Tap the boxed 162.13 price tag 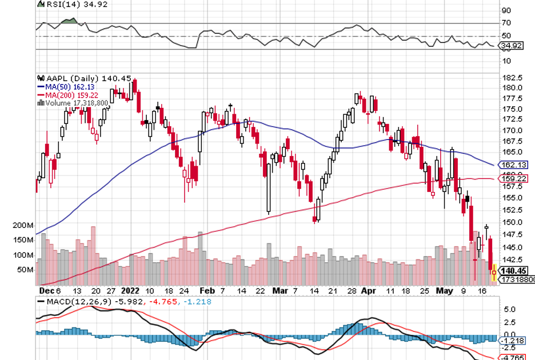click(512, 165)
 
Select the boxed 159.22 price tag click(512, 179)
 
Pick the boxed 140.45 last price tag click(512, 270)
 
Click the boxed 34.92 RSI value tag click(510, 46)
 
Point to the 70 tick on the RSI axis click(505, 23)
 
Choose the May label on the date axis click(444, 290)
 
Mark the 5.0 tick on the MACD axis click(510, 309)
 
